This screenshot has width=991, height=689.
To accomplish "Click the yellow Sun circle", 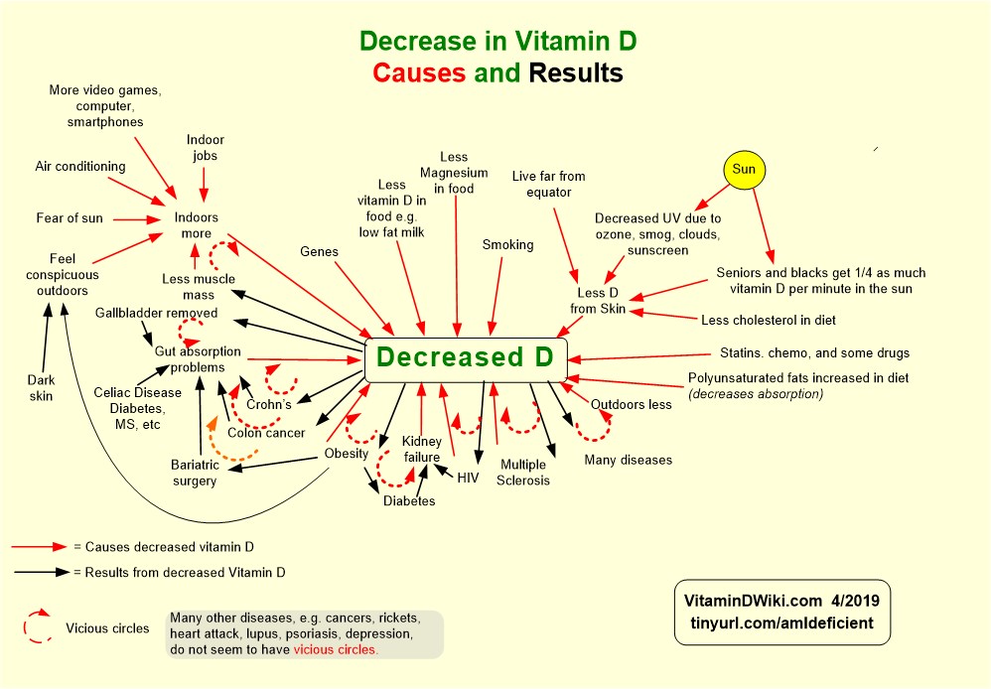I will click(x=744, y=170).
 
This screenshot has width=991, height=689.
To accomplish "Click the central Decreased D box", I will click(x=466, y=358).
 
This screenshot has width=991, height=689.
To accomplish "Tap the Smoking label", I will click(x=507, y=244).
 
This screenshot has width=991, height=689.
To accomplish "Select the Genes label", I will click(x=319, y=252).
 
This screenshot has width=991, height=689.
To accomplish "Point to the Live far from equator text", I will click(x=548, y=185).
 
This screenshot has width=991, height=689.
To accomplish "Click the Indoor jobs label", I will click(x=205, y=148).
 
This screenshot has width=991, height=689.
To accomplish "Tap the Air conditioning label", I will click(x=80, y=167).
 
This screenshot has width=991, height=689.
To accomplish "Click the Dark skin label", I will click(x=41, y=387).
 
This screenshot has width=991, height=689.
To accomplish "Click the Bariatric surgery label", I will click(x=194, y=473).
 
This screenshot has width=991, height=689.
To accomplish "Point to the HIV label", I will click(x=469, y=478).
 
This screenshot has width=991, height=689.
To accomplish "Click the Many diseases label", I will click(x=628, y=460).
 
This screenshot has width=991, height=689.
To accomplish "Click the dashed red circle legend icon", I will click(x=37, y=627).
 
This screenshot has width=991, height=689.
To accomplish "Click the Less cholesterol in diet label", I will click(x=768, y=320).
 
